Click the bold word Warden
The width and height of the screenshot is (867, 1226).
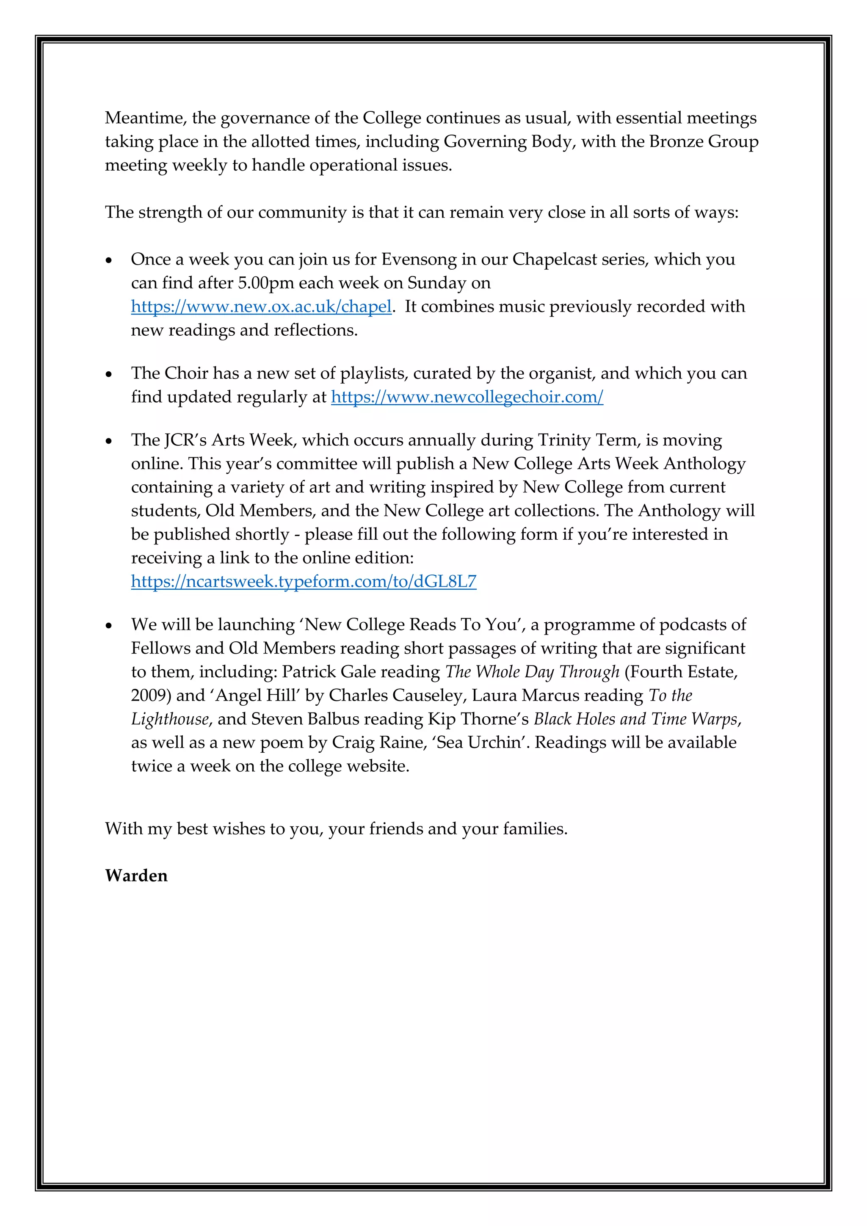click(x=136, y=876)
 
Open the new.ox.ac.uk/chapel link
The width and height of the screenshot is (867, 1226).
click(x=261, y=306)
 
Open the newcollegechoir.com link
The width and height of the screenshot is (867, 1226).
click(x=467, y=397)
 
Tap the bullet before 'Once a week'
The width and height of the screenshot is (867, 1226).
click(x=109, y=260)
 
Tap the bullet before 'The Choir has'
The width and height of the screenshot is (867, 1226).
click(x=109, y=374)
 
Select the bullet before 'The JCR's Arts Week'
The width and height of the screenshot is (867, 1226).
click(x=109, y=441)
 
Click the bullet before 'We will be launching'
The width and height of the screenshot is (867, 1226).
click(x=109, y=625)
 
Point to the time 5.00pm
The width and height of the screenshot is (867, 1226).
click(x=266, y=283)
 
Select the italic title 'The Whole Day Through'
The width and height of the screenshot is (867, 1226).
click(x=532, y=672)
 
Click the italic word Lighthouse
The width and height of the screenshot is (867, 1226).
click(x=170, y=719)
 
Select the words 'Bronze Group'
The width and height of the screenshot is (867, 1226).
click(x=704, y=141)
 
